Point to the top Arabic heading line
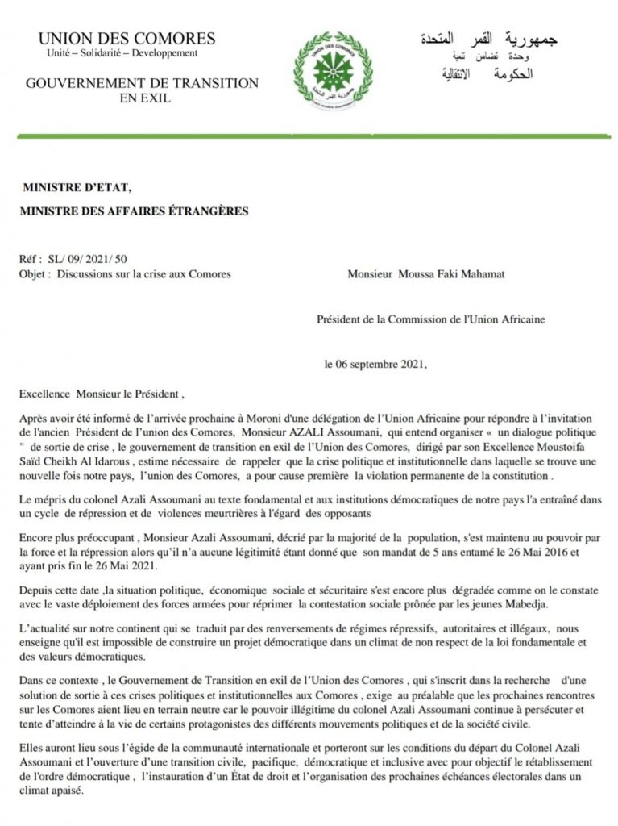tap(488, 39)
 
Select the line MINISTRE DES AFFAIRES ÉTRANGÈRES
tap(135, 211)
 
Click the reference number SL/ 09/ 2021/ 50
tap(80, 260)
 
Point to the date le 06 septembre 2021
tap(375, 364)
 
